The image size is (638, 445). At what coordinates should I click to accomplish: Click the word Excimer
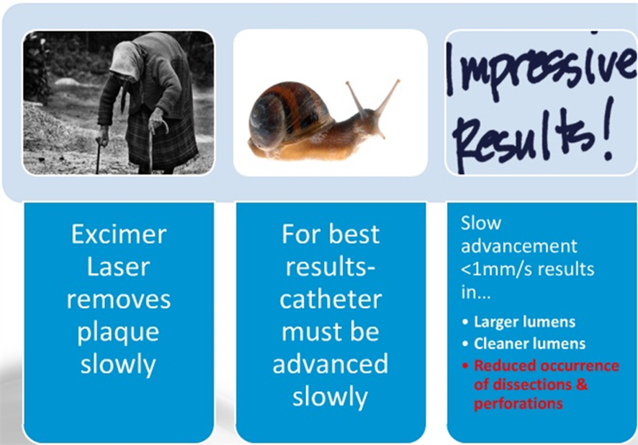(x=119, y=234)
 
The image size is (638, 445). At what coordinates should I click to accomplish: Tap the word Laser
(x=118, y=268)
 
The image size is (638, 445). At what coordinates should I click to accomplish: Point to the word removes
(x=119, y=300)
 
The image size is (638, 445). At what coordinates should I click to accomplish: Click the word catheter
(x=331, y=299)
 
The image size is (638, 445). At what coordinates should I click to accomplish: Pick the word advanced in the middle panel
(x=331, y=364)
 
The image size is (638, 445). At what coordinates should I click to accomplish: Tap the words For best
(x=331, y=234)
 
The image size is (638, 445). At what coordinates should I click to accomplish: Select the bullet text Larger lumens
(x=524, y=322)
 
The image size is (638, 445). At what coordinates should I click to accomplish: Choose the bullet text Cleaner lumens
(x=530, y=344)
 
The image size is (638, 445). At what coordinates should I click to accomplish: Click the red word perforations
(x=518, y=404)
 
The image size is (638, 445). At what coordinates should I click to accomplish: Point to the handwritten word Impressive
(x=542, y=74)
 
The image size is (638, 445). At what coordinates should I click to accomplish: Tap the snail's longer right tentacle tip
(x=397, y=81)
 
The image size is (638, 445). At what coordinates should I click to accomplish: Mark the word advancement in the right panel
(x=518, y=247)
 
